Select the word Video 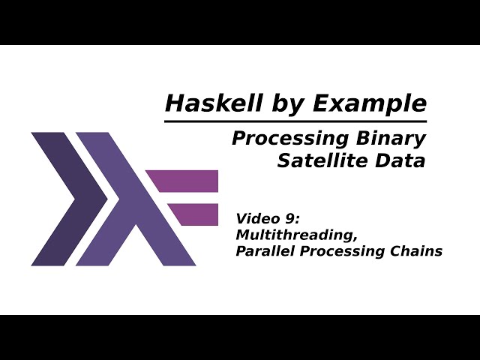[x=255, y=219]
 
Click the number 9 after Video [x=289, y=219]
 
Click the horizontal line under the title [x=295, y=120]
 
